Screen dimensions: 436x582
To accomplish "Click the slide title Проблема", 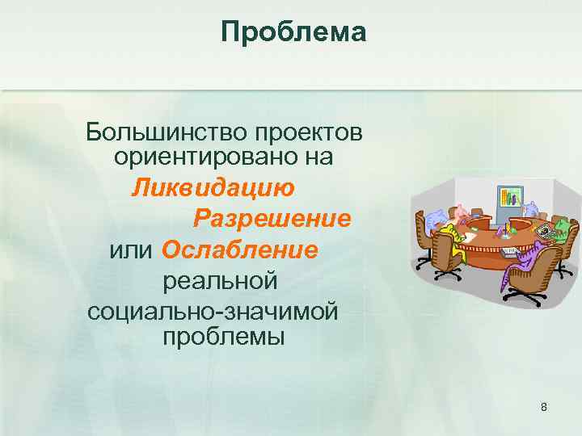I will pos(293,32).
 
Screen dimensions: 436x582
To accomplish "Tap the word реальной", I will pos(221,280).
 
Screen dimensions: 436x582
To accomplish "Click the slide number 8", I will pos(544,407).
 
